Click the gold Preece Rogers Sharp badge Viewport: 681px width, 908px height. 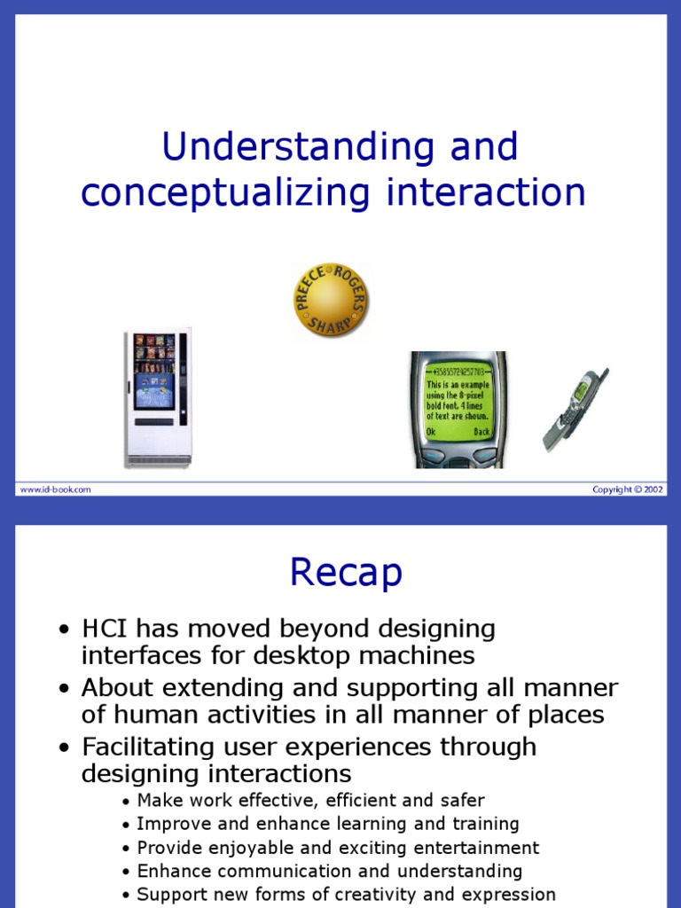click(x=330, y=300)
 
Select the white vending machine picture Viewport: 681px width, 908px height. click(x=158, y=397)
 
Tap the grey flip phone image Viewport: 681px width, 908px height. click(x=575, y=409)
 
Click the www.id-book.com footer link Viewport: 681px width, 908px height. click(x=55, y=489)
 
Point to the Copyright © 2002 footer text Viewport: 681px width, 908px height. click(x=628, y=489)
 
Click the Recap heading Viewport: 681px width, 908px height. click(x=346, y=573)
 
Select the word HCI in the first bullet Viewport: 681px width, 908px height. click(x=105, y=629)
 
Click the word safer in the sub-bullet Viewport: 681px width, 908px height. click(x=462, y=801)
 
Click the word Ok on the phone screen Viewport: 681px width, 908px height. click(x=431, y=432)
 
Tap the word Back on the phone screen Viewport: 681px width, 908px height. click(x=481, y=432)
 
